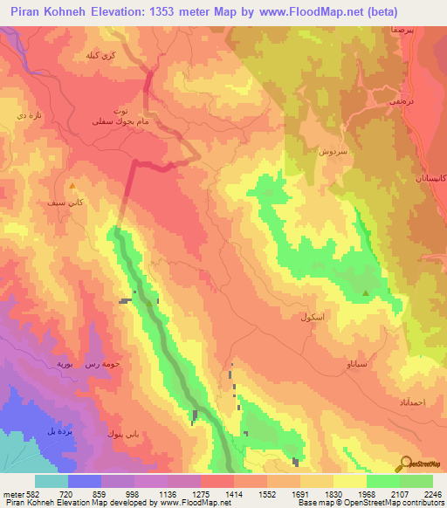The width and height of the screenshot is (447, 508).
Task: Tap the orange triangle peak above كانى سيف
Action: [72, 186]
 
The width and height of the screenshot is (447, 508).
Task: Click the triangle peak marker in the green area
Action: [365, 293]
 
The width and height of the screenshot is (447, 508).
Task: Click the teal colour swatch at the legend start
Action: [52, 481]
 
